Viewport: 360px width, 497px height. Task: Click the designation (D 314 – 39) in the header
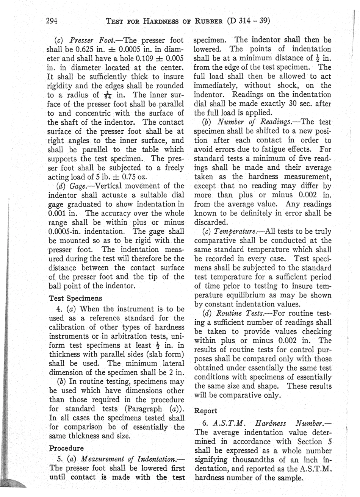pyautogui.click(x=249, y=20)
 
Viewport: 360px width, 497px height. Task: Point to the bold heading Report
pyautogui.click(x=205, y=410)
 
